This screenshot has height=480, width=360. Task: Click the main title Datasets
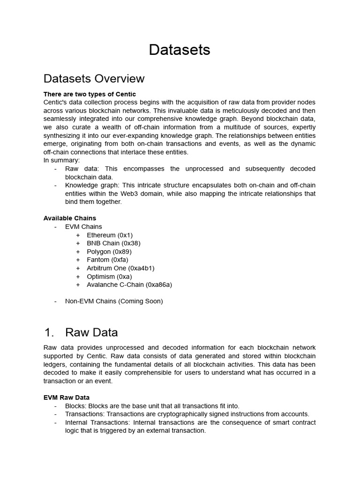(180, 50)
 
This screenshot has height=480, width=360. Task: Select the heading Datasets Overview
(94, 78)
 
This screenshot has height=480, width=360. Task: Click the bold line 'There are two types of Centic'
(90, 94)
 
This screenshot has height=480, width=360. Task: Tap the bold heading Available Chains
(69, 218)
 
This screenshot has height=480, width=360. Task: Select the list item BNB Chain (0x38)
(113, 243)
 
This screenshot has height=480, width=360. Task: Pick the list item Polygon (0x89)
(111, 252)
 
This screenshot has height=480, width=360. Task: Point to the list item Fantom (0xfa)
(107, 260)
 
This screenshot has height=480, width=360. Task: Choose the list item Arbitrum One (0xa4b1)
(120, 268)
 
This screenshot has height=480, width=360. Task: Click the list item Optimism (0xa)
(109, 277)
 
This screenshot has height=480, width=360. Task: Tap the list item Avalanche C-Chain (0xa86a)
(129, 285)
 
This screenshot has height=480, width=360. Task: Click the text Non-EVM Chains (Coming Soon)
(114, 301)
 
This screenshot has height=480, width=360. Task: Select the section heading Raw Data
(91, 332)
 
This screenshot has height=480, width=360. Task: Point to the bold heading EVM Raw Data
(66, 397)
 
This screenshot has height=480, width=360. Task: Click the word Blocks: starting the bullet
(76, 406)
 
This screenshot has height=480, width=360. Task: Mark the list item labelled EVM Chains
(83, 226)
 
